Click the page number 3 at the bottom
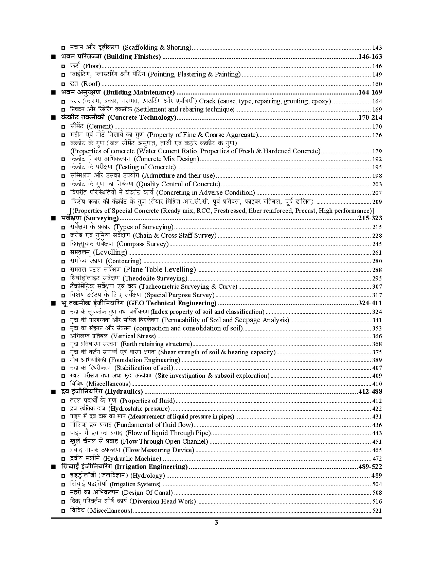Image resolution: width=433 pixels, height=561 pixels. point(216,523)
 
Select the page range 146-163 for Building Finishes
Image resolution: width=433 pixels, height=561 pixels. point(370,57)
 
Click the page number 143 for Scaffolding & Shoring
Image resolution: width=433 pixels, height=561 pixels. point(377,48)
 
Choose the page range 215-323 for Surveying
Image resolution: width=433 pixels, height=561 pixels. point(370,218)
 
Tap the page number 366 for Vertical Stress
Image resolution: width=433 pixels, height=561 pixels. point(377,337)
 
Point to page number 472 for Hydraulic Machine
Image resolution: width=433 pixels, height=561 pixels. point(377,459)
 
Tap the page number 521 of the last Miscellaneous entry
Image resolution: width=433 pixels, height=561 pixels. point(377,511)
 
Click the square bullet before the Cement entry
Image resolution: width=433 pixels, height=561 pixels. point(63,127)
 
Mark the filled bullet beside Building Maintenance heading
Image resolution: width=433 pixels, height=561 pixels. point(53,92)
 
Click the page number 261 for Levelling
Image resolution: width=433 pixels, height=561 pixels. point(377,253)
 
